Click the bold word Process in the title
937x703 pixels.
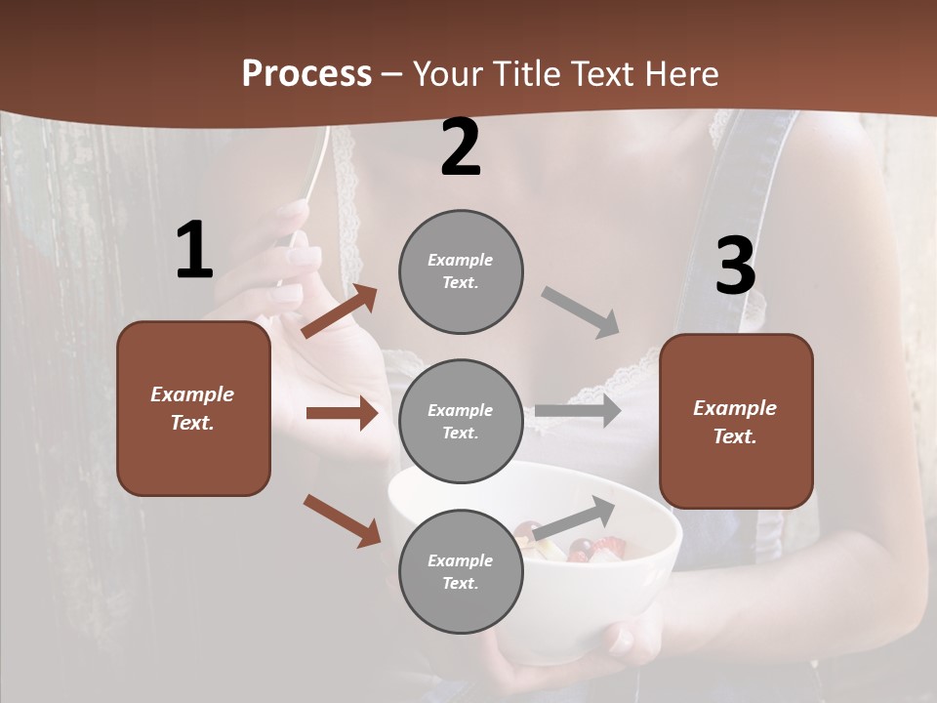tap(306, 74)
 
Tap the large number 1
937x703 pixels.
tap(194, 251)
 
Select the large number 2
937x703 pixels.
tap(461, 147)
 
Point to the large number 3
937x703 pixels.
tap(735, 267)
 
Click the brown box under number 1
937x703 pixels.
tap(193, 408)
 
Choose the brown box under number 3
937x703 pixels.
tap(736, 422)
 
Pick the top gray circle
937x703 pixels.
tap(461, 271)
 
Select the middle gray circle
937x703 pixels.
tap(461, 421)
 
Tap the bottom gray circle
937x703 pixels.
tap(461, 571)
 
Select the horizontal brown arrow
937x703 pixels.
tap(342, 413)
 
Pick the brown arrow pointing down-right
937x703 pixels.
tap(342, 520)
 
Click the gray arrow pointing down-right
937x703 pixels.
tap(581, 312)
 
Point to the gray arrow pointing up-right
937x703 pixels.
tap(575, 517)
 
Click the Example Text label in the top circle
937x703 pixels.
tap(461, 271)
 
